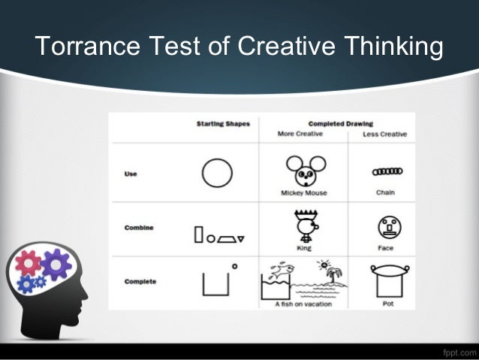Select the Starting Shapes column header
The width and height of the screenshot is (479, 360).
(x=222, y=123)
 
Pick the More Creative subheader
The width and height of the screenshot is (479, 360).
(x=300, y=134)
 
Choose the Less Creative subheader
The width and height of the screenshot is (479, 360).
(x=384, y=134)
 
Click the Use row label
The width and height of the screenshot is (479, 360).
(x=130, y=174)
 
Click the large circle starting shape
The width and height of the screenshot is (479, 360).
(x=216, y=174)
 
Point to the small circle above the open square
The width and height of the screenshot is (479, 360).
(x=234, y=265)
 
